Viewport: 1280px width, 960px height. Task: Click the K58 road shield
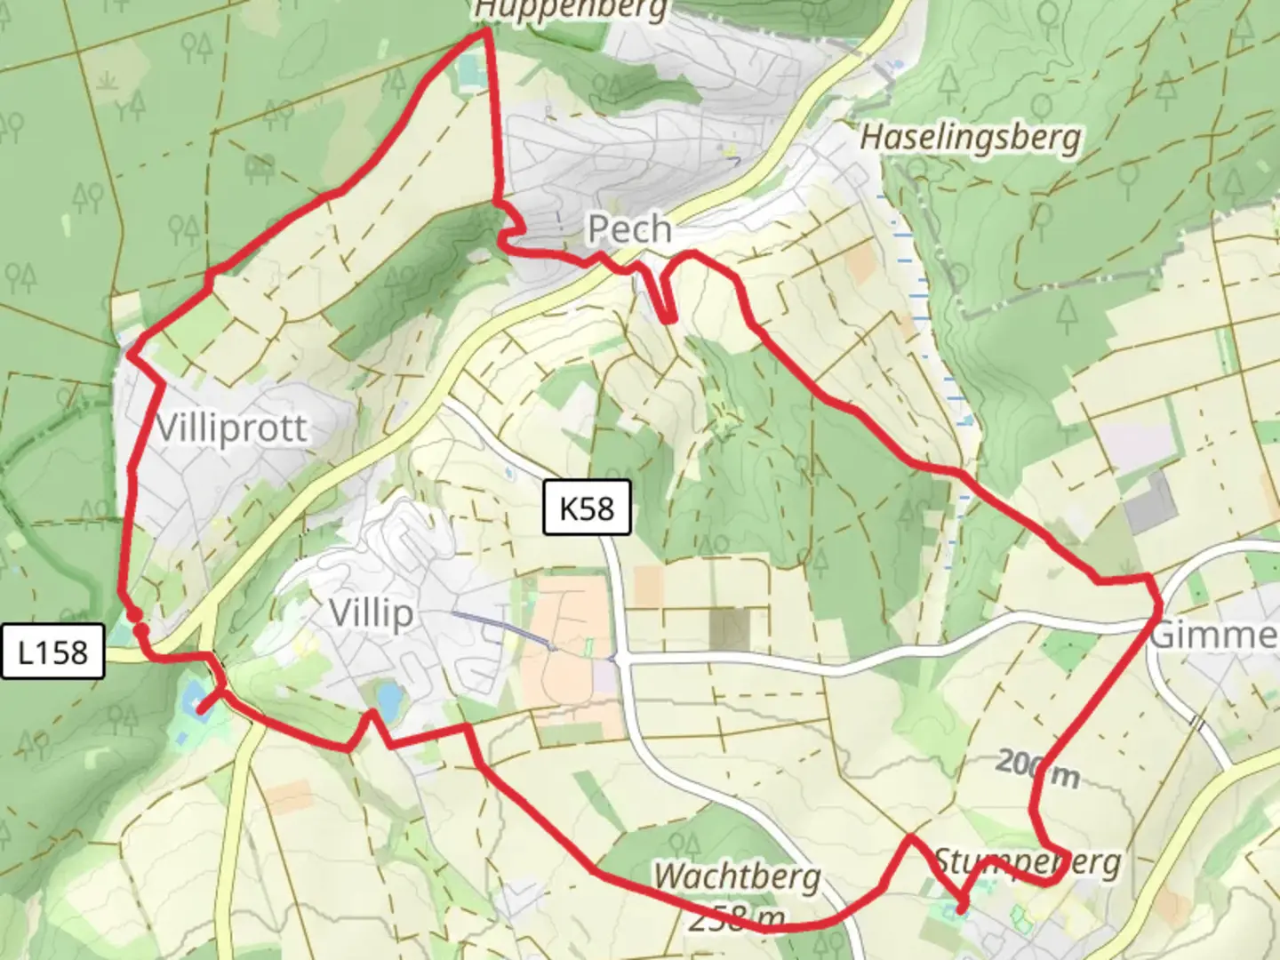point(587,508)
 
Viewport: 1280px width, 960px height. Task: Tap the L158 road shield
point(52,652)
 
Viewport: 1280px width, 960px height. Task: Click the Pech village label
point(629,229)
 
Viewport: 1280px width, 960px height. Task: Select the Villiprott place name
point(232,428)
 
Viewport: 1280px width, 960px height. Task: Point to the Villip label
point(371,612)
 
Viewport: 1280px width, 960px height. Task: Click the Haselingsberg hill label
point(971,138)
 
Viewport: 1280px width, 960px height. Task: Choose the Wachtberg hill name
point(737,876)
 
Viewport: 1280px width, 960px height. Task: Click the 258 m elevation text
point(737,917)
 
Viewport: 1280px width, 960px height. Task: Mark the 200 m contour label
point(1037,769)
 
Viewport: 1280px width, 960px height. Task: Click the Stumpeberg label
point(1027,862)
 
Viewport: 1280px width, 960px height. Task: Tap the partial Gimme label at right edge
point(1213,636)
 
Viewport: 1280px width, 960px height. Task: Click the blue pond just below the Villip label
point(388,698)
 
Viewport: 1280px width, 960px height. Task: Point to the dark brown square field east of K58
point(729,627)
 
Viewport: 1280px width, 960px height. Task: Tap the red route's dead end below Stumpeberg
point(963,908)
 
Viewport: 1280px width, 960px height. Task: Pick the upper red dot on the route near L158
point(132,614)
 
